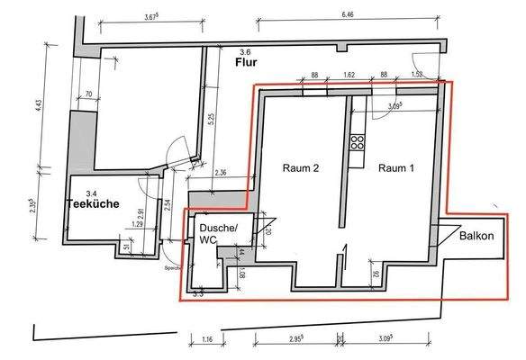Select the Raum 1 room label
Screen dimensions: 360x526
(397, 168)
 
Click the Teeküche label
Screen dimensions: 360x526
(93, 204)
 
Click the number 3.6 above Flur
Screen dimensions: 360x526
(241, 53)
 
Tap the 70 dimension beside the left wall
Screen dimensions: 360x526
(88, 94)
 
